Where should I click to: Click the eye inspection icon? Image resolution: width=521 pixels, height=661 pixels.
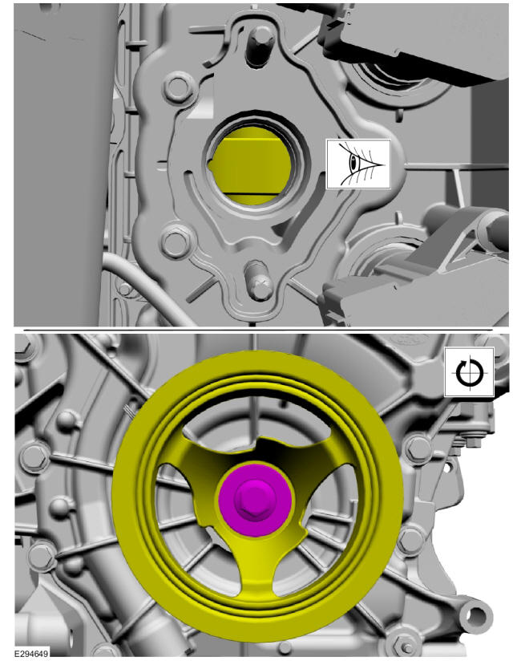pyautogui.click(x=358, y=164)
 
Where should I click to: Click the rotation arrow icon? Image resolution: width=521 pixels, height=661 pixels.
pyautogui.click(x=469, y=372)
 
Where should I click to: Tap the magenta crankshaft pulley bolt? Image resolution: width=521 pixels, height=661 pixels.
pyautogui.click(x=255, y=501)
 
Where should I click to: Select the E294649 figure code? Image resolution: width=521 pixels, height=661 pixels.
pyautogui.click(x=31, y=654)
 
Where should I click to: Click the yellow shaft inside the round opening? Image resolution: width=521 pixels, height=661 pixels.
pyautogui.click(x=252, y=165)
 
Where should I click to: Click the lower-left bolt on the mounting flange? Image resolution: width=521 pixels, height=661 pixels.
pyautogui.click(x=175, y=242)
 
